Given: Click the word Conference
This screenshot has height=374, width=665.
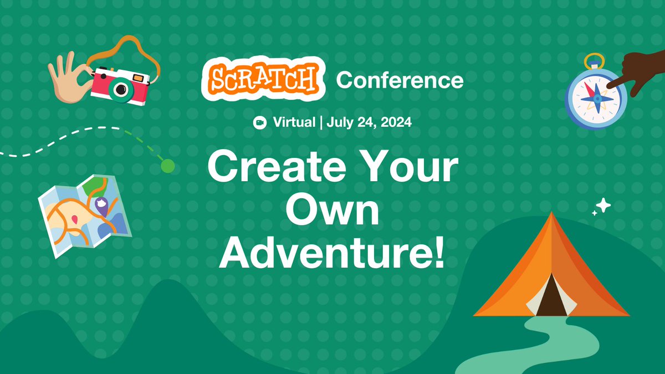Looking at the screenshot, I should [400, 81].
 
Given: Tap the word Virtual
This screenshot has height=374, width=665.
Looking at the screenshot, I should [294, 122].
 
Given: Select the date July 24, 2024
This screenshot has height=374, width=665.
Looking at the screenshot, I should [369, 122].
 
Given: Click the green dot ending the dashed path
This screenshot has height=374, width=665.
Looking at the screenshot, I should [167, 165].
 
